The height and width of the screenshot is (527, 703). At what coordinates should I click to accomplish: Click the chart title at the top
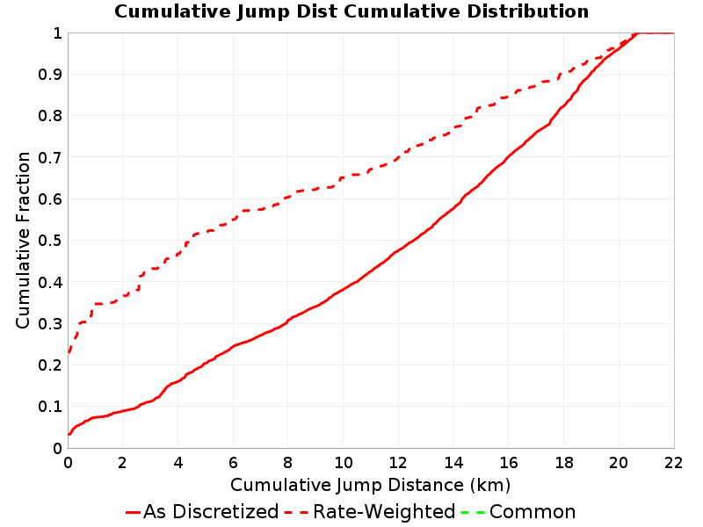(x=351, y=11)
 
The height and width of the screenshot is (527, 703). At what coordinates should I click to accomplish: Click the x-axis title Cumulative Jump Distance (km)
(x=370, y=485)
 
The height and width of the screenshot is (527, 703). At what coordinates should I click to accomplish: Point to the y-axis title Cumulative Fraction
(x=23, y=240)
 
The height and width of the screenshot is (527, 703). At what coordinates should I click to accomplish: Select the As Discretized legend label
(x=211, y=511)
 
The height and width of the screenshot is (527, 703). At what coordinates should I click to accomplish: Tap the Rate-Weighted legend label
(x=384, y=511)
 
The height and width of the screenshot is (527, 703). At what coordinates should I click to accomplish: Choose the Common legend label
(x=533, y=511)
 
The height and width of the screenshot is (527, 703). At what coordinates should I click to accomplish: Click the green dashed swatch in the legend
(x=472, y=512)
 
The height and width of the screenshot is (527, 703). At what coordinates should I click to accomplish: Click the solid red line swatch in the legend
(x=134, y=512)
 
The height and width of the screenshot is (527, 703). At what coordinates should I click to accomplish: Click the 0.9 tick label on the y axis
(x=50, y=75)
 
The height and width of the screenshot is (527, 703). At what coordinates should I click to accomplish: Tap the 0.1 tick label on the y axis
(x=50, y=407)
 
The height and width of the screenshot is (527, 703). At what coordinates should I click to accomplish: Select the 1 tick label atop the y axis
(x=57, y=33)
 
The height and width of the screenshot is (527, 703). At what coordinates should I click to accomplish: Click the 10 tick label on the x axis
(x=343, y=463)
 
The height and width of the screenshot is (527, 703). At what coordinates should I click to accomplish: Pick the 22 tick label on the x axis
(x=673, y=463)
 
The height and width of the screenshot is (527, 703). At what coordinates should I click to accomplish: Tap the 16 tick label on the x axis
(x=509, y=463)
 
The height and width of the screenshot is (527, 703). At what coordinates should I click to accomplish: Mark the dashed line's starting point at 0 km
(x=69, y=353)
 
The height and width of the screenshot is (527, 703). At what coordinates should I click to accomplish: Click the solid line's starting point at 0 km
(x=69, y=434)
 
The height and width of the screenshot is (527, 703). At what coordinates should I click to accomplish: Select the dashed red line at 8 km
(x=288, y=197)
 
